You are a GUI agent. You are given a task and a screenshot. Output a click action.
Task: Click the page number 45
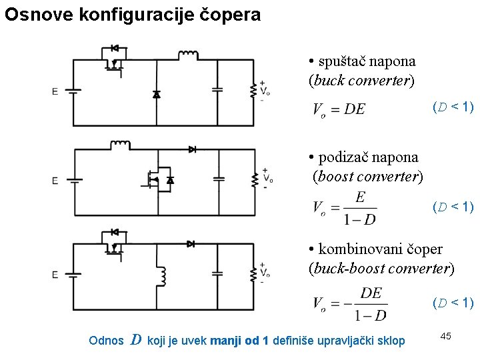[x=445, y=336]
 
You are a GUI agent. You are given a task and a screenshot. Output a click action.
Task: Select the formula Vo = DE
[x=339, y=109]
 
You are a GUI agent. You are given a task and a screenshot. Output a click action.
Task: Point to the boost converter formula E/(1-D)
[x=345, y=208]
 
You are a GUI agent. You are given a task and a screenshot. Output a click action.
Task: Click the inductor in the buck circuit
[x=188, y=54]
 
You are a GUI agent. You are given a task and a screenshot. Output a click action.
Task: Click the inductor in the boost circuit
[x=120, y=144]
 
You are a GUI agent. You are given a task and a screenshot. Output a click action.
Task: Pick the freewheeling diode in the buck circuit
[x=157, y=94]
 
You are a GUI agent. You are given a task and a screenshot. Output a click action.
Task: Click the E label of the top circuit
[x=55, y=91]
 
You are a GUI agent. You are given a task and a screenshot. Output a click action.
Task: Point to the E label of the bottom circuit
[x=55, y=275]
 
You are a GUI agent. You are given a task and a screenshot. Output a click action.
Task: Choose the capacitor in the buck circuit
[x=217, y=89]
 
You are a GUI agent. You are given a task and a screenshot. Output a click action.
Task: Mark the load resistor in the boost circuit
[x=253, y=179]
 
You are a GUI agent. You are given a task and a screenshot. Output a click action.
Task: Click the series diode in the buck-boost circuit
[x=191, y=244]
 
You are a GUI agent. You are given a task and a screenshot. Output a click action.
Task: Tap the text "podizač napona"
[x=369, y=158]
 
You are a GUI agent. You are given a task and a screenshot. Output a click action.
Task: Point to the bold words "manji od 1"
[x=239, y=341]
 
